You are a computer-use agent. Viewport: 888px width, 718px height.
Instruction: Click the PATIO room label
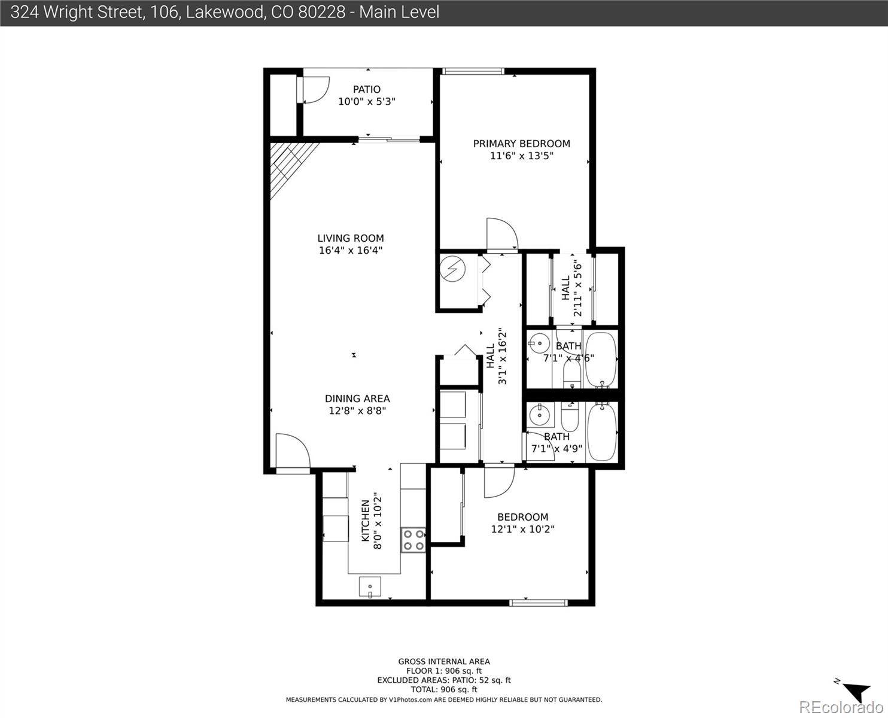[x=366, y=90]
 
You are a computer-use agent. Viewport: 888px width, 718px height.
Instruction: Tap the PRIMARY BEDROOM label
[x=521, y=144]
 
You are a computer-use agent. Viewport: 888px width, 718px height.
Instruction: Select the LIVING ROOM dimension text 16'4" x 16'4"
[x=350, y=250]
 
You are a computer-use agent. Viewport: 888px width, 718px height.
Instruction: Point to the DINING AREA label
[x=357, y=398]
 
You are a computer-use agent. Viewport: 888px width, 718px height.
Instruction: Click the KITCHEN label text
[x=365, y=521]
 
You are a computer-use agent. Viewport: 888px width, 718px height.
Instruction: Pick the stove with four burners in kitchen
[x=413, y=539]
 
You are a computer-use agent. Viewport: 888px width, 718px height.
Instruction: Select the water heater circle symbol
[x=452, y=269]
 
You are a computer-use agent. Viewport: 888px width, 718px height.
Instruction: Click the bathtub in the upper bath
[x=600, y=360]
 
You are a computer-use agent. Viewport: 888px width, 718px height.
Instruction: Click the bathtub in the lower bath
[x=601, y=433]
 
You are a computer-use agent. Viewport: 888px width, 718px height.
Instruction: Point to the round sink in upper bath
[x=539, y=344]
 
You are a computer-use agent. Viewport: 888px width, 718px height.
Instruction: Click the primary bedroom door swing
[x=501, y=235]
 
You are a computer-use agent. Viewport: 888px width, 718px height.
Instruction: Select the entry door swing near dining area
[x=292, y=452]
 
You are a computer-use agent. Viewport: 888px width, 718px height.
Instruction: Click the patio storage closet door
[x=311, y=90]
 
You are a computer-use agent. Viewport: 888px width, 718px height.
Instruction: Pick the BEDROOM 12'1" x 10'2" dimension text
[x=522, y=529]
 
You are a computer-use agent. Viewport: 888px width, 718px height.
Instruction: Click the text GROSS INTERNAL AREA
[x=444, y=661]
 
